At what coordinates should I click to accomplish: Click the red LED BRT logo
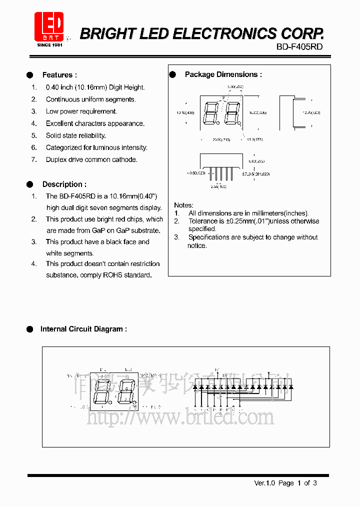(49, 26)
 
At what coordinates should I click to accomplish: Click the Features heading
(59, 75)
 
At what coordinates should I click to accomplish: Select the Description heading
(64, 184)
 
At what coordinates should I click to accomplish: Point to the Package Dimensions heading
(223, 74)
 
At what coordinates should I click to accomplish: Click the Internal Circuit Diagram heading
(83, 329)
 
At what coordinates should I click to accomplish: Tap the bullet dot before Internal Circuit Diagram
(29, 329)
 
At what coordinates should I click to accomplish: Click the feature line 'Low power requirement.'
(81, 111)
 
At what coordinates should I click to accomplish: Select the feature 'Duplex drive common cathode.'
(91, 159)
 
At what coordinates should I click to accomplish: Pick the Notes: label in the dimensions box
(183, 205)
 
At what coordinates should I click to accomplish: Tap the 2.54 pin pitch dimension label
(218, 186)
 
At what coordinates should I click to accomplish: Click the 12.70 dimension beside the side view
(311, 113)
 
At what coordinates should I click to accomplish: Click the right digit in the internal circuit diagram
(126, 392)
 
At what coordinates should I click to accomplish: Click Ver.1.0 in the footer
(265, 483)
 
